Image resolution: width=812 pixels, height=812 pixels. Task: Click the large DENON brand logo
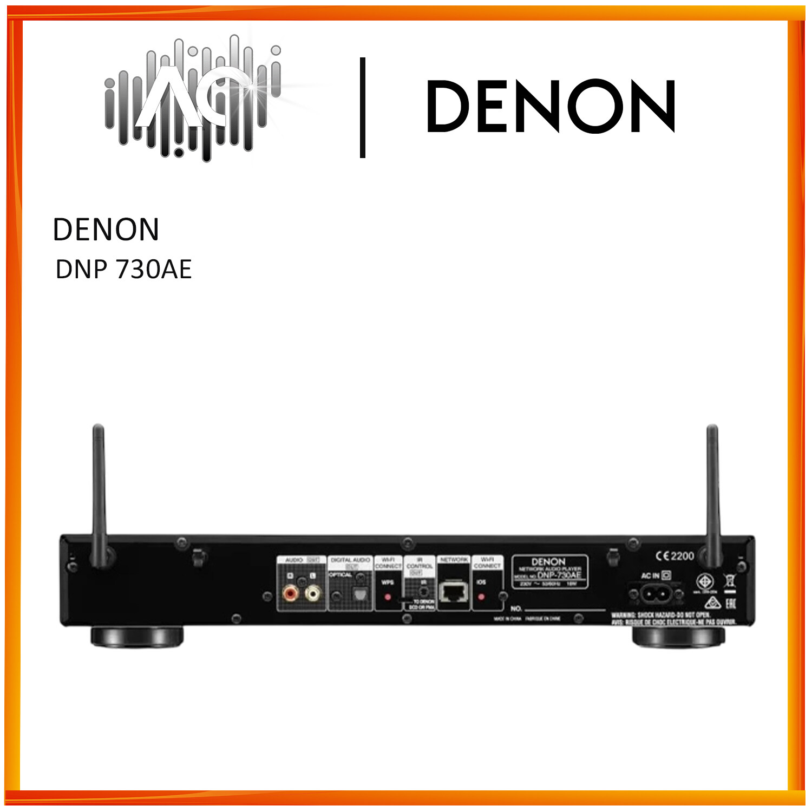[x=551, y=106]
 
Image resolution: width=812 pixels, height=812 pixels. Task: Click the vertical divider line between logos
[x=363, y=107]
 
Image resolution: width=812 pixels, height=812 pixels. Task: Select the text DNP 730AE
[x=123, y=269]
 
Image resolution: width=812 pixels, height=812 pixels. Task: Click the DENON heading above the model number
[x=106, y=230]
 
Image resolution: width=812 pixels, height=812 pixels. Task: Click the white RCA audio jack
[x=312, y=594]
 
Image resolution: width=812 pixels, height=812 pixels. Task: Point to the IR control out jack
[x=423, y=592]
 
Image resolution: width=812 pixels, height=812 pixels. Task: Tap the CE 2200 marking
[x=675, y=556]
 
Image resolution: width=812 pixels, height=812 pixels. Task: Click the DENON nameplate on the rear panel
[x=549, y=571]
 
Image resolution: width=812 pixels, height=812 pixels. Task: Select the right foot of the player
[x=678, y=637]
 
